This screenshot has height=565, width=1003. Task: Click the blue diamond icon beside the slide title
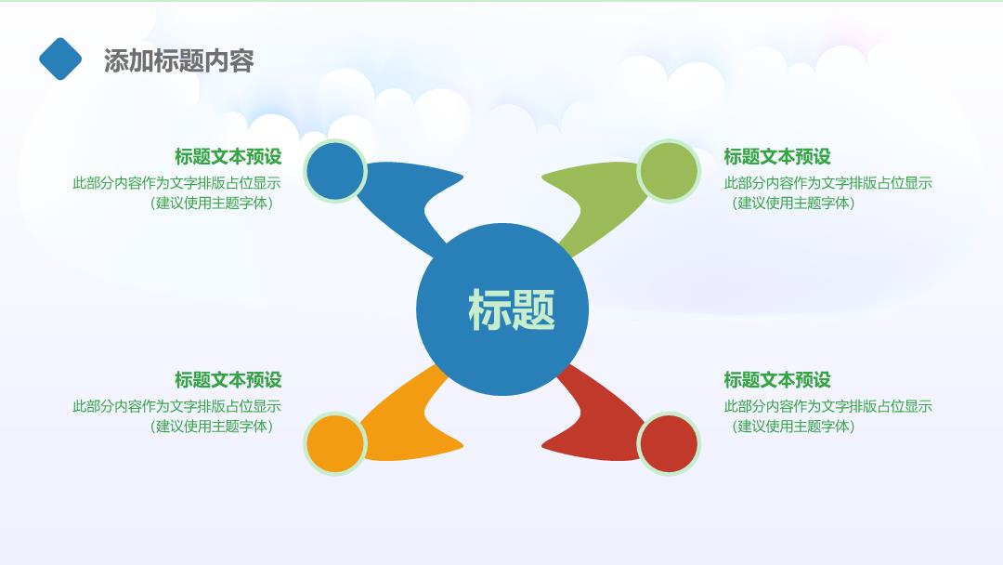(60, 59)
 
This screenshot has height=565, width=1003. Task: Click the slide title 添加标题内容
(179, 60)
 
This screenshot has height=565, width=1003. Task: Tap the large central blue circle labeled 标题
(502, 309)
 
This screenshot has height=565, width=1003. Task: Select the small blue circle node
(335, 172)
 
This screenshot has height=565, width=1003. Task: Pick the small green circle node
(669, 172)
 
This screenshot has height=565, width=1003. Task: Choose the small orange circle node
(335, 443)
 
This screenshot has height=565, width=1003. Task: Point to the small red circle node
(669, 443)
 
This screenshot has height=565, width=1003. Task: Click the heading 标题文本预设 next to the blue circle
(228, 157)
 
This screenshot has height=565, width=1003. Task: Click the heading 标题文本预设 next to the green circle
(777, 157)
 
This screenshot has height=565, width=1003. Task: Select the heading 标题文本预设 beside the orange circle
(228, 380)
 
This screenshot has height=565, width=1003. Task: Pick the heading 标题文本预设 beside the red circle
(777, 380)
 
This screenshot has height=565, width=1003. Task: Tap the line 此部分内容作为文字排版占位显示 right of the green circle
(827, 183)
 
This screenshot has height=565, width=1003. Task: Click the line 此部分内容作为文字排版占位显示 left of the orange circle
(176, 406)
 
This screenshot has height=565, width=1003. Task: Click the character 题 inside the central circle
(533, 309)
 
